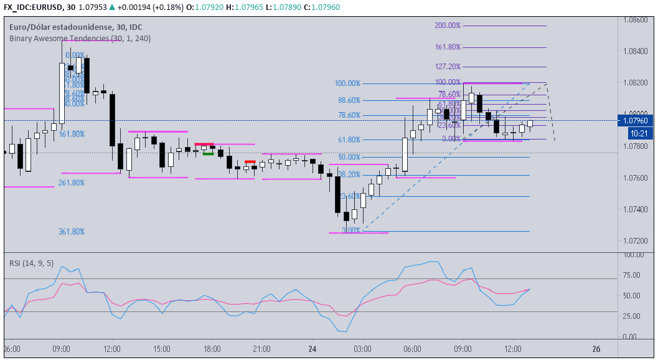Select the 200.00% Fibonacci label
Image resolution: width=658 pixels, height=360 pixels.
448,26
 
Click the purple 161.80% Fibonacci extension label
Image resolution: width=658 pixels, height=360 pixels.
448,47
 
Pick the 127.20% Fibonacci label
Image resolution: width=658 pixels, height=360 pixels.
448,67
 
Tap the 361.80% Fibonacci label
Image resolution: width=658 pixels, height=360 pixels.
71,231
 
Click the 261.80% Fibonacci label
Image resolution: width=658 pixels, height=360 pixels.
71,182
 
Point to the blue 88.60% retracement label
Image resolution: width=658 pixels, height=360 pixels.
349,100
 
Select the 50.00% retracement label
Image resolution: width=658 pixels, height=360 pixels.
349,157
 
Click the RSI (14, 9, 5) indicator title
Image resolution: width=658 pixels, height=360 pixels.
31,263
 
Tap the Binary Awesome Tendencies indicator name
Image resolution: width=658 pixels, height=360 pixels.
80,38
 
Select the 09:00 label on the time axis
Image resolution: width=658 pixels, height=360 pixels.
61,348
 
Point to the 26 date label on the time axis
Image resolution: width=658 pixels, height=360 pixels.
596,348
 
